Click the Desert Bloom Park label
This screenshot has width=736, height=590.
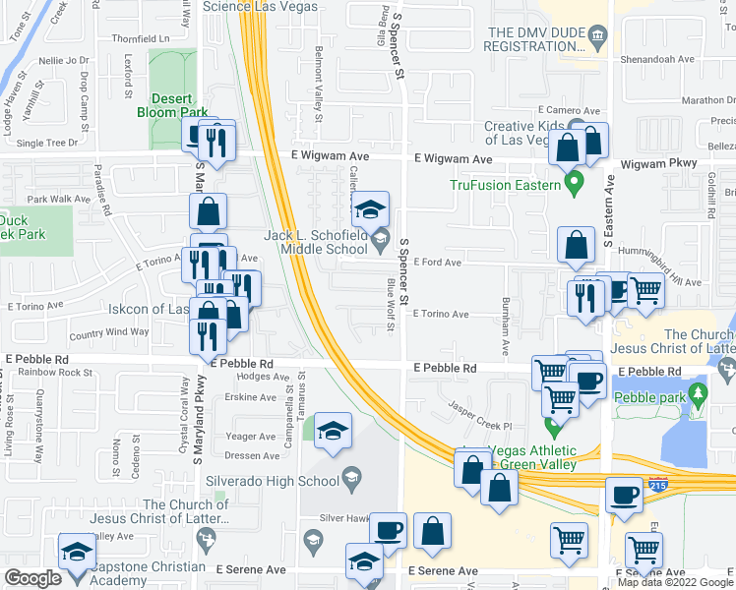coord(179,105)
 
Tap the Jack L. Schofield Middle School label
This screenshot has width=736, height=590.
coord(315,242)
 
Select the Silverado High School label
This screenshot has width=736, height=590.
coord(273,481)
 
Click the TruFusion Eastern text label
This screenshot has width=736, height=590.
coord(505,184)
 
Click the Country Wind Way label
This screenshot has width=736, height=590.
coord(109,332)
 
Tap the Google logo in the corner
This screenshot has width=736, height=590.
coord(32,578)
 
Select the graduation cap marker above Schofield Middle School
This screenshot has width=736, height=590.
coord(371,209)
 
